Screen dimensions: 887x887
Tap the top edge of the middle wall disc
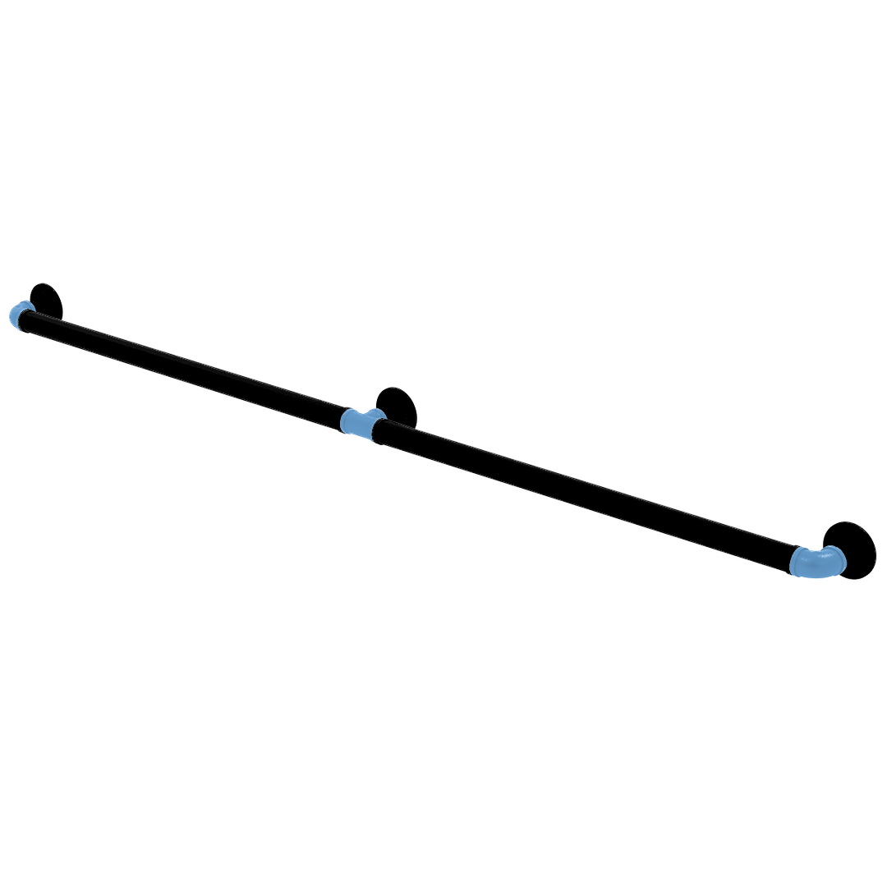click(397, 385)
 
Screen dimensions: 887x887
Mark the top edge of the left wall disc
click(44, 283)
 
